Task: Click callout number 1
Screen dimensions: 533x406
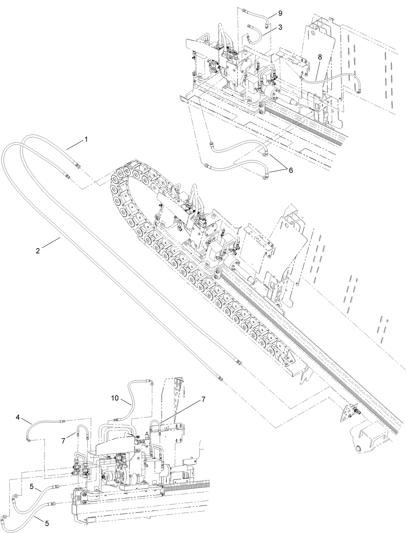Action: tap(86, 139)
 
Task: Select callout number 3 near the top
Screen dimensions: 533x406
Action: tap(280, 27)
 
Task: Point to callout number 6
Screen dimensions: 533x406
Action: tap(291, 170)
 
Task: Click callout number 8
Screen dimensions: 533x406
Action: tap(320, 56)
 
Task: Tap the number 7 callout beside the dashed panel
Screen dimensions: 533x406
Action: tap(203, 400)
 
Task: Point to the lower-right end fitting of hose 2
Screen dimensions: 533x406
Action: tap(220, 378)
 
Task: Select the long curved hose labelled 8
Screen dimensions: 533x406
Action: tap(335, 76)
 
